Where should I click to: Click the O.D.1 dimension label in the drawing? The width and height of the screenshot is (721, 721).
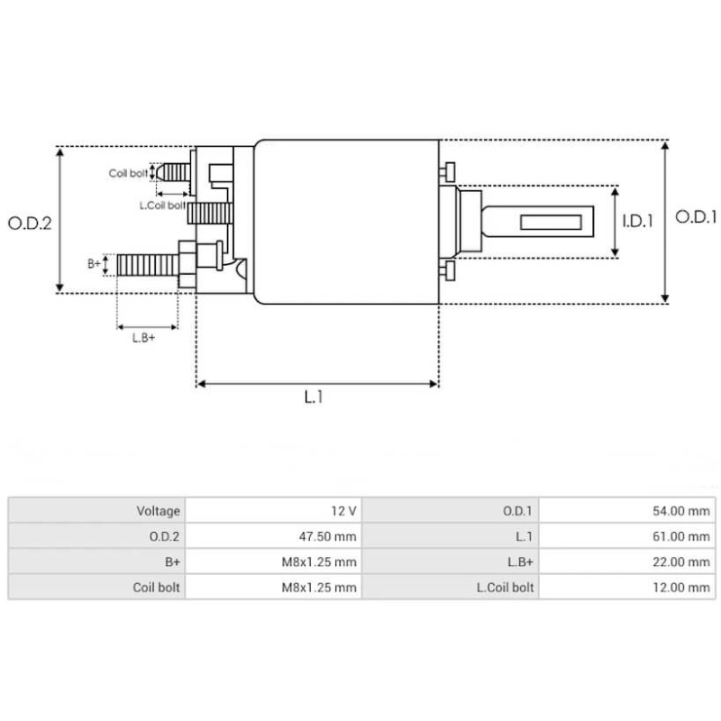[x=695, y=217]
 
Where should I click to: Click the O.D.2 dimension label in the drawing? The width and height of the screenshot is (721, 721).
[x=29, y=222]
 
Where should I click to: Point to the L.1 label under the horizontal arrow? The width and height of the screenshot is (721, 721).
[x=313, y=397]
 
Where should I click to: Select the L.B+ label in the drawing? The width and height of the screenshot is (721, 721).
[x=144, y=338]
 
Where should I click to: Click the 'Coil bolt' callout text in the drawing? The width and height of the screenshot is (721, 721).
[x=128, y=172]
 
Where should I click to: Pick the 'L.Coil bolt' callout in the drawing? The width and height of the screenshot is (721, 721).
[x=162, y=205]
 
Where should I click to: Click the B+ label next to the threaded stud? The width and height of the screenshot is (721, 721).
[x=94, y=263]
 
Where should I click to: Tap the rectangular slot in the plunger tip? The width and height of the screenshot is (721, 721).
[x=549, y=221]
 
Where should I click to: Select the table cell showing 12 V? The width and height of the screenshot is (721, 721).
[x=343, y=511]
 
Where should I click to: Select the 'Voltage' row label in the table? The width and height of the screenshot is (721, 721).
[x=159, y=511]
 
